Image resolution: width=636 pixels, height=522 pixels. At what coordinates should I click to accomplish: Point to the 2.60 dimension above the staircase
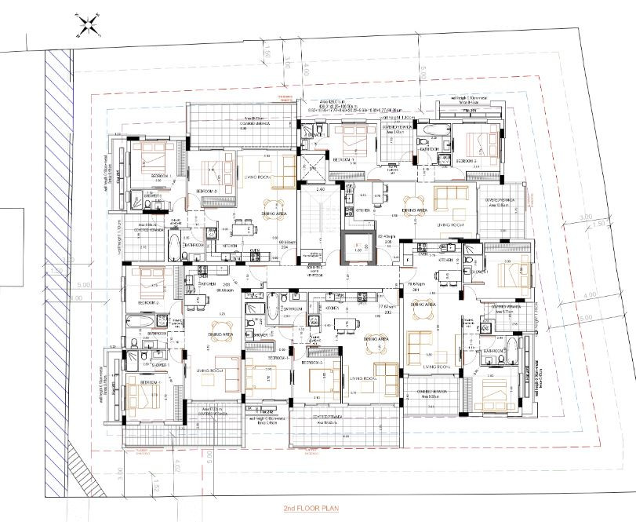click(319, 190)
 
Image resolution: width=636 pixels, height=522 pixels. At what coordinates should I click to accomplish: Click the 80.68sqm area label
click(207, 290)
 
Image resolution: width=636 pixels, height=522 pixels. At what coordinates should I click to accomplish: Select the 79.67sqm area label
click(429, 284)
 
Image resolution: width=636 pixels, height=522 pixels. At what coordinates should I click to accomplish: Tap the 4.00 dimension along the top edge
click(306, 70)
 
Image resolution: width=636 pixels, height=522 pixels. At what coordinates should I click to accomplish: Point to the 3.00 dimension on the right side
click(583, 217)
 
